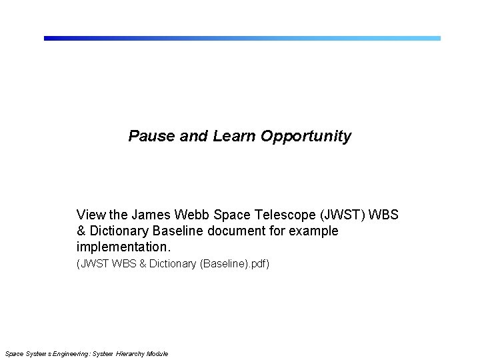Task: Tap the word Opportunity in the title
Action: (x=306, y=137)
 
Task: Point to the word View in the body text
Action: (x=91, y=215)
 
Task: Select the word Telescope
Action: (x=288, y=215)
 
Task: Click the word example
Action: (x=316, y=231)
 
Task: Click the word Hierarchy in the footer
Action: (x=131, y=353)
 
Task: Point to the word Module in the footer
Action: (x=157, y=353)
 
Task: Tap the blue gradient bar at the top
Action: (x=242, y=38)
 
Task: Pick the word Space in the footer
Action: (x=13, y=353)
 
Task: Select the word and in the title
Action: (x=194, y=137)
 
